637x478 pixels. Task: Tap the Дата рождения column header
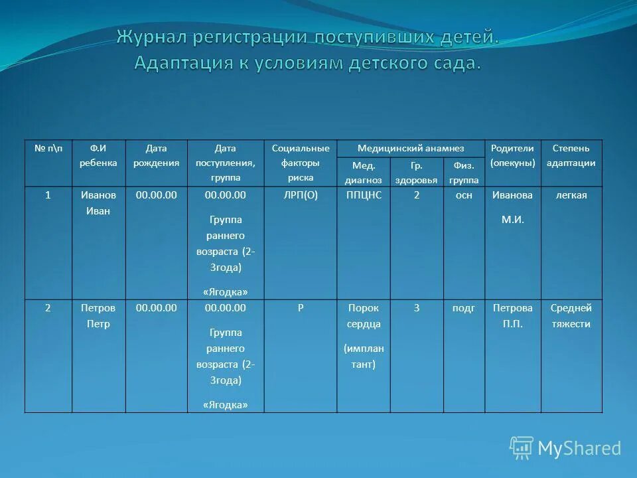[x=156, y=156]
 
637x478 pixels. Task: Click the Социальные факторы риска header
[x=301, y=163]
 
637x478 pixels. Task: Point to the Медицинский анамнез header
[x=411, y=149]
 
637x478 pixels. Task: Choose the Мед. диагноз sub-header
[x=364, y=173]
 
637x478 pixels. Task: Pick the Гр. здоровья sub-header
[x=417, y=173]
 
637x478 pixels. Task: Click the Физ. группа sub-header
[x=464, y=173]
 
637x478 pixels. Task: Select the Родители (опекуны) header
[x=513, y=156]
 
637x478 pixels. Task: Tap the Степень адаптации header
[x=571, y=156]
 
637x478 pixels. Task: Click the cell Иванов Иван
[x=98, y=203]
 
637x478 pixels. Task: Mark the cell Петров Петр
[x=98, y=316]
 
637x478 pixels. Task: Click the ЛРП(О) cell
[x=301, y=195]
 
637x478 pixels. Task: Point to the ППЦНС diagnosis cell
[x=364, y=195]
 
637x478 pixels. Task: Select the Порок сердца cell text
[x=364, y=316]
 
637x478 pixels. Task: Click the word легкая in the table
[x=571, y=195]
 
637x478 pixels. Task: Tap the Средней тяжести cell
[x=571, y=316]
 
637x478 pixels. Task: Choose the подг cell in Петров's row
[x=464, y=308]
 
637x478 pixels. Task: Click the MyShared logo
[x=566, y=448]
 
